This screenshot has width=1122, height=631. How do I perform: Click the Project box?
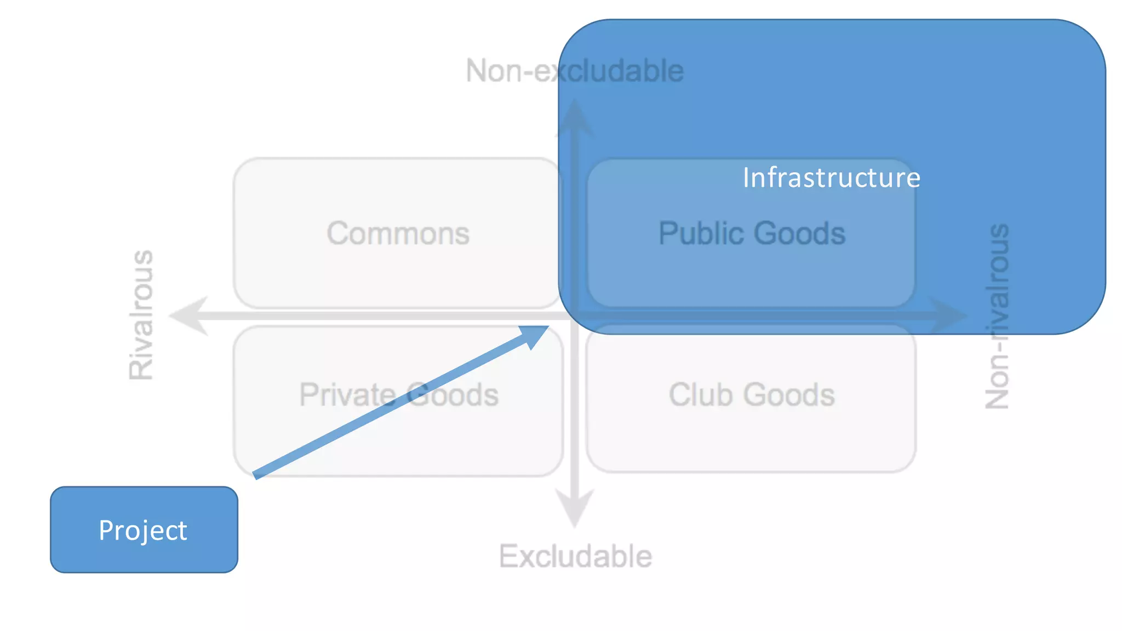tap(144, 529)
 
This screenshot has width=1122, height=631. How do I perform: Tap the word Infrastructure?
tap(831, 177)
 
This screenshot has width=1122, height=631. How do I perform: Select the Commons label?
tap(398, 233)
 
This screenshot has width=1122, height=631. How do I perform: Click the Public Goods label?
tap(752, 233)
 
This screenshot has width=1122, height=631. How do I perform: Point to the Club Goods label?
tap(752, 394)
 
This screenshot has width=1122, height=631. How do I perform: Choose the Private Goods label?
tap(399, 394)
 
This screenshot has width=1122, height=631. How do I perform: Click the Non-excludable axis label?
tap(575, 71)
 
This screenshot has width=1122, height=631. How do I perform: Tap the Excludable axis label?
tap(575, 556)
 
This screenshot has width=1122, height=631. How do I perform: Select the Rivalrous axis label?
tap(141, 315)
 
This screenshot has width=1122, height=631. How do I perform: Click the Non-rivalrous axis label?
tap(997, 316)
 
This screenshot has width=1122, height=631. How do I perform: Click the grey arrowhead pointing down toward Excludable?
tap(575, 507)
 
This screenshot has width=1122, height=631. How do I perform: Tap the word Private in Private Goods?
tap(347, 394)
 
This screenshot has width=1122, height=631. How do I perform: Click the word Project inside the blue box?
tap(143, 530)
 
